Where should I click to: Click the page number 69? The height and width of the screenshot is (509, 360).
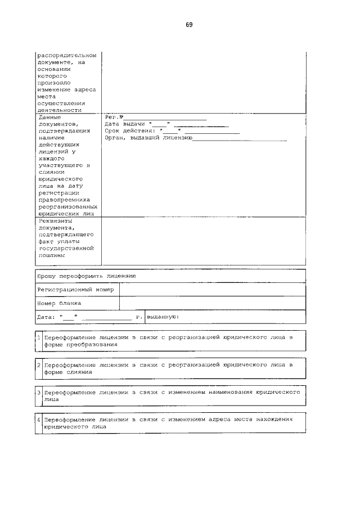pos(189,25)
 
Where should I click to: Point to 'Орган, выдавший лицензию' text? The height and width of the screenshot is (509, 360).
pos(149,137)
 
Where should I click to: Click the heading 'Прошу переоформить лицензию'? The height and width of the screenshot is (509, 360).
pos(86,276)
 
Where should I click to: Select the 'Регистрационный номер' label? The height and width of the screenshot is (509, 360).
pos(75,290)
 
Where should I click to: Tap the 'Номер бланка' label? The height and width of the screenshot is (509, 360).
pos(59,303)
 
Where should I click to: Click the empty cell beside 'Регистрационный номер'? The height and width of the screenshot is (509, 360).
pos(212,290)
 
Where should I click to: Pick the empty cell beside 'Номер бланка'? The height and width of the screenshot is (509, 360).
pos(212,303)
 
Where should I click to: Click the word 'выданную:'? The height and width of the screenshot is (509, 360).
pos(163,317)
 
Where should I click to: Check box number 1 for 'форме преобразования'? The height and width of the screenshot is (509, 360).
pos(38,338)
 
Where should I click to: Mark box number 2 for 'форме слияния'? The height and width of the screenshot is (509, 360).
pos(38,366)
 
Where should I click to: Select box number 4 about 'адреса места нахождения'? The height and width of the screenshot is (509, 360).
pos(38,420)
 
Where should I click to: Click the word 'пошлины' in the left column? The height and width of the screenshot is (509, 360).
pos(52,254)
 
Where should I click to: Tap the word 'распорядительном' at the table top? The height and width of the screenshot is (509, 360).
pos(66,55)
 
